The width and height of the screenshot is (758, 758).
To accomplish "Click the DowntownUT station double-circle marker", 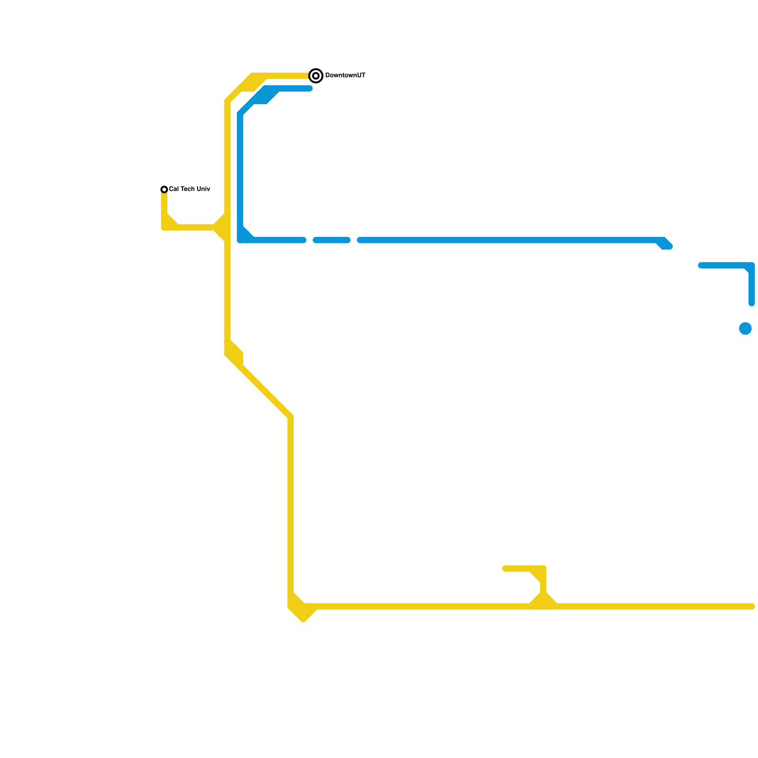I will pyautogui.click(x=316, y=76).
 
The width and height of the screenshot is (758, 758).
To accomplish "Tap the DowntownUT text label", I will pyautogui.click(x=345, y=76).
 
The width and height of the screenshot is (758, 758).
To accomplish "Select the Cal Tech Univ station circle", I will pyautogui.click(x=164, y=189).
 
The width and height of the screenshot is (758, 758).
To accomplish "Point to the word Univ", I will pyautogui.click(x=203, y=189).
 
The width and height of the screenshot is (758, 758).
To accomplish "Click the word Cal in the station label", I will pyautogui.click(x=174, y=189).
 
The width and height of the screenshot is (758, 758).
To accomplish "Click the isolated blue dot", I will pyautogui.click(x=745, y=328).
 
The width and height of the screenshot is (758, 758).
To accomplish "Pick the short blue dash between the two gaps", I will pyautogui.click(x=332, y=240).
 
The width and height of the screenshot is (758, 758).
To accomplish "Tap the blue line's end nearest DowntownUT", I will pyautogui.click(x=310, y=89).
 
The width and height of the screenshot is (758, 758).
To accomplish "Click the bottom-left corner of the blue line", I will pyautogui.click(x=241, y=240).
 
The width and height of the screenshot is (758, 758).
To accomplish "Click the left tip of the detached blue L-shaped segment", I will pyautogui.click(x=701, y=265).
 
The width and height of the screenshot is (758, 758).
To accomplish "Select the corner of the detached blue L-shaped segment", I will pyautogui.click(x=751, y=266).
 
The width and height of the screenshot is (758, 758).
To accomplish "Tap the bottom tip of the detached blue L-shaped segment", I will pyautogui.click(x=752, y=303).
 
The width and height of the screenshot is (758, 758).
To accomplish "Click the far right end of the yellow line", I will pyautogui.click(x=752, y=606).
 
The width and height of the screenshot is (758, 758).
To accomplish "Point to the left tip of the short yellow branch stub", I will pyautogui.click(x=505, y=568).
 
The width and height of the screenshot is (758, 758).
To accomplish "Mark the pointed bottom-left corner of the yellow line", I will pyautogui.click(x=303, y=619).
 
